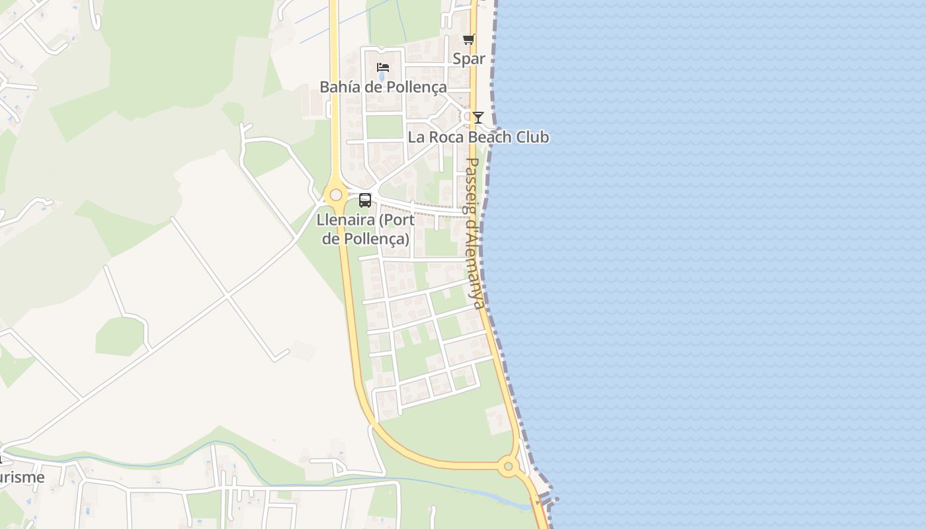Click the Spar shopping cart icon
(x=468, y=40)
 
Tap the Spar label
(x=469, y=59)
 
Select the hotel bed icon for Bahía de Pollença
(x=382, y=67)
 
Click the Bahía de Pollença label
(x=383, y=87)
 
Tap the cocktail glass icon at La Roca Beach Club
(x=478, y=118)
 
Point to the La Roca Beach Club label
(x=478, y=138)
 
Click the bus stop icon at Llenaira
(x=364, y=200)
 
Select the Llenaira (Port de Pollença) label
(x=366, y=229)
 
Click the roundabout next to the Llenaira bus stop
(x=336, y=195)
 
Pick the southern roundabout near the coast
(x=508, y=467)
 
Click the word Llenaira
(x=346, y=220)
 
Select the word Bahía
(x=339, y=87)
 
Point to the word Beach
(x=489, y=138)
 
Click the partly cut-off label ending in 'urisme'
(x=22, y=477)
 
